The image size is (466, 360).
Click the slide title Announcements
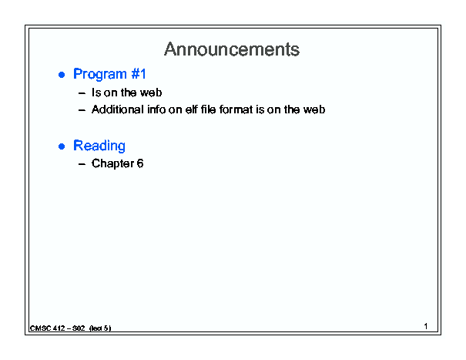pyautogui.click(x=232, y=49)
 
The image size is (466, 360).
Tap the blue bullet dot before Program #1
pyautogui.click(x=62, y=75)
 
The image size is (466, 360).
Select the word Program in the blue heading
pyautogui.click(x=100, y=74)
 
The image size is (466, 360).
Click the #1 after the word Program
pyautogui.click(x=139, y=73)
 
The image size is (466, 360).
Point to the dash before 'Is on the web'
pyautogui.click(x=82, y=93)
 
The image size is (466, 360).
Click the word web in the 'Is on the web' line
pyautogui.click(x=151, y=93)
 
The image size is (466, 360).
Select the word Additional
pyautogui.click(x=118, y=109)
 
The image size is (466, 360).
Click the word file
pyautogui.click(x=208, y=109)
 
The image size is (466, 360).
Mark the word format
pyautogui.click(x=236, y=109)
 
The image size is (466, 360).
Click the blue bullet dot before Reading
pyautogui.click(x=62, y=146)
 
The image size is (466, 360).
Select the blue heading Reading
pyautogui.click(x=99, y=146)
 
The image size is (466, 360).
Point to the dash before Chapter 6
pyautogui.click(x=82, y=164)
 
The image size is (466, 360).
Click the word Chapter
pyautogui.click(x=112, y=163)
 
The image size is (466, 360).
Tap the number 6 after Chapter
pyautogui.click(x=140, y=163)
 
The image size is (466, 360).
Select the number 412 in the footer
pyautogui.click(x=59, y=328)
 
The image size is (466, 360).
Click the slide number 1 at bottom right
pyautogui.click(x=426, y=326)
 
